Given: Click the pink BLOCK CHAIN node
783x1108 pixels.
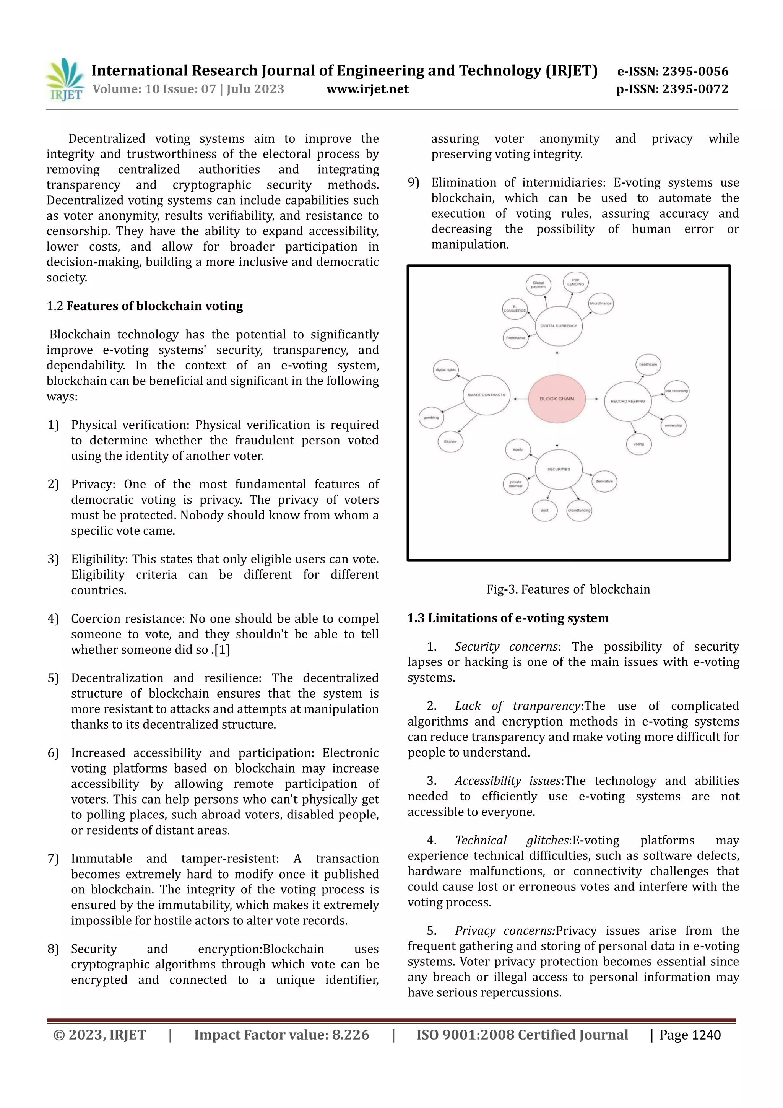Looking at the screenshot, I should [557, 399].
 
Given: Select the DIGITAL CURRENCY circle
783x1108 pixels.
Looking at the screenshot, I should [559, 326].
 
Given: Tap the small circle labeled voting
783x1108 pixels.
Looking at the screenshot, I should [639, 444].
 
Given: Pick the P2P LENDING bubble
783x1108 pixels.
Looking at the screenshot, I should [575, 283].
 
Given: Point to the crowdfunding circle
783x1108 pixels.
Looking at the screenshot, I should [579, 511].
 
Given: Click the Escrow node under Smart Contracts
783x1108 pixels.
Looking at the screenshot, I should [450, 441].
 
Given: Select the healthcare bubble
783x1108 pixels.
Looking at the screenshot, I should [648, 365].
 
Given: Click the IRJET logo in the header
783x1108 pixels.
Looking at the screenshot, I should [65, 80].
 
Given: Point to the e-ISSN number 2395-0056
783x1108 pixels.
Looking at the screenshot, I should [695, 72].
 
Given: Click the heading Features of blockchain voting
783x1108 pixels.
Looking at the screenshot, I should [154, 306].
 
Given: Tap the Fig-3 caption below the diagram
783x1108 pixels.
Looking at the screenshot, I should [568, 590].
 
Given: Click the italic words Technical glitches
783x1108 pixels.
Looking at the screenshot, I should [512, 841].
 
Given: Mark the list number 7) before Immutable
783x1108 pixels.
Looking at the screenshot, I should [53, 859].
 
